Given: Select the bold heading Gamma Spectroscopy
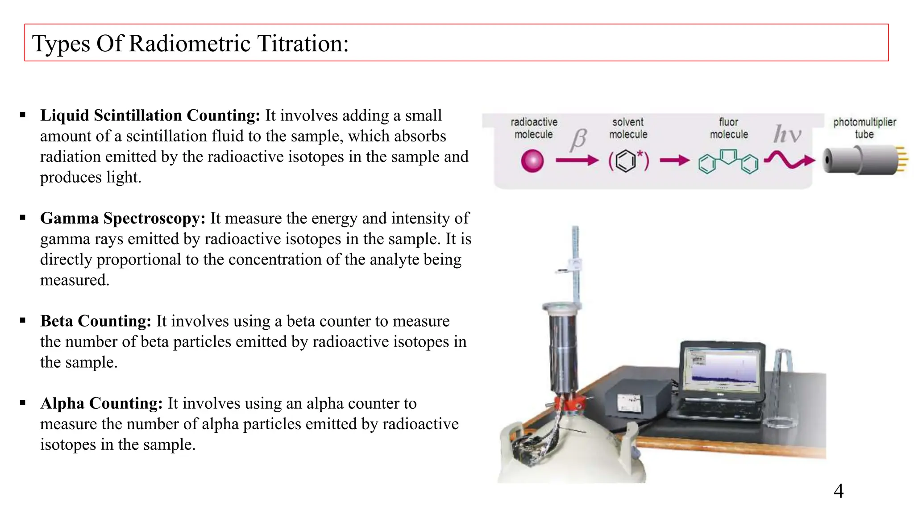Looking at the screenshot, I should (x=123, y=218).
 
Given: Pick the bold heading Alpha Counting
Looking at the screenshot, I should (x=101, y=403).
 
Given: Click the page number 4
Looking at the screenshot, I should (x=838, y=491).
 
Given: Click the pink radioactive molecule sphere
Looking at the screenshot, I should (x=532, y=161).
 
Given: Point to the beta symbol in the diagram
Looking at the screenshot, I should (x=578, y=139).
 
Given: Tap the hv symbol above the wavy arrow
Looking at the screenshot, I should (x=787, y=134).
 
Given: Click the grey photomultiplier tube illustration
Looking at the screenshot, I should (x=861, y=160).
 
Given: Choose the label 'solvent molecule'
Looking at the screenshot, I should (x=628, y=128).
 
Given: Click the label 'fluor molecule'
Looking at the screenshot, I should (x=728, y=128).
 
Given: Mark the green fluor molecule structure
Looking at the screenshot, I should (x=728, y=162).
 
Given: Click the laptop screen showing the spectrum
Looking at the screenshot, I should (x=722, y=367).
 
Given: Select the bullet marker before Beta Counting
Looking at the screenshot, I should (x=23, y=320).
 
